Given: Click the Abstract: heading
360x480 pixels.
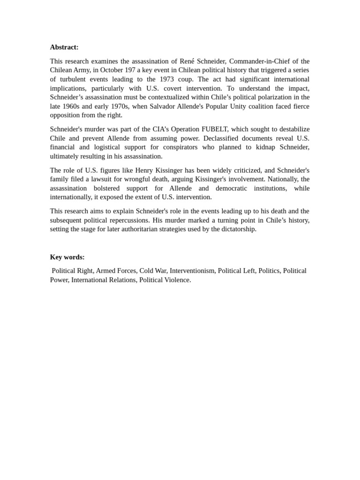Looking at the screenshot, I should (64, 47).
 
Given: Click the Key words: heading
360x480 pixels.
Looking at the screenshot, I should (67, 257).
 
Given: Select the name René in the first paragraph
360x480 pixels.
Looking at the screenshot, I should (189, 61).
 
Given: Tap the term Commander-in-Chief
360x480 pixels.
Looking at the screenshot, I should (255, 61).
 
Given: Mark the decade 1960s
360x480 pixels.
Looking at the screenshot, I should (71, 106).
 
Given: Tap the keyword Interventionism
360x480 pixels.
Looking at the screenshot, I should (192, 271).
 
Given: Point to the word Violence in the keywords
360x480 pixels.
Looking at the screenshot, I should (176, 280).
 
